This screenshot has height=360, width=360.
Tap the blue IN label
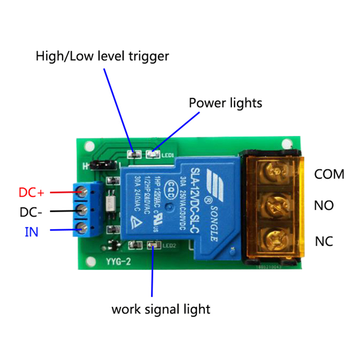[x=31, y=232]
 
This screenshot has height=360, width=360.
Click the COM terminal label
[x=329, y=174]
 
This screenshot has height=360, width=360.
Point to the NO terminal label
[x=324, y=206]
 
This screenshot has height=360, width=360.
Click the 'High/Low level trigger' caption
[x=102, y=56]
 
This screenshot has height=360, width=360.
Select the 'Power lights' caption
[x=225, y=103]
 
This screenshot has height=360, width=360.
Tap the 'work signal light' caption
[x=161, y=310]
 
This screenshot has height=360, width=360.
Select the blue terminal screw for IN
[x=82, y=228]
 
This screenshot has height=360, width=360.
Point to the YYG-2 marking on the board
[x=118, y=261]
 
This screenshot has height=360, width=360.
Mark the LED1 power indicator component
[x=153, y=155]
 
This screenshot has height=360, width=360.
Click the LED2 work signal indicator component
[x=153, y=245]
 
